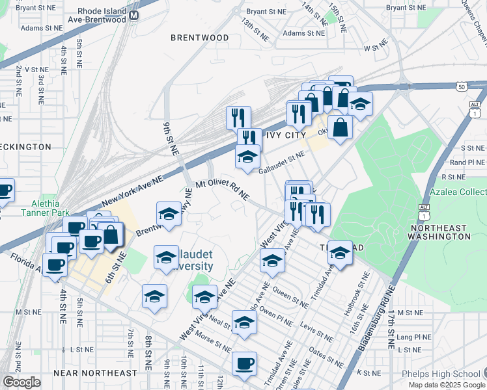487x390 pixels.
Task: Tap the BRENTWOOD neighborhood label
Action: click(200, 38)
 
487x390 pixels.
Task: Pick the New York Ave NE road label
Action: click(132, 192)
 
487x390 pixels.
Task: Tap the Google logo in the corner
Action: click(21, 382)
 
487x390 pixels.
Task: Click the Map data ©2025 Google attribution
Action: click(447, 385)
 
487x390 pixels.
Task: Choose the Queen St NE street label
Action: click(291, 297)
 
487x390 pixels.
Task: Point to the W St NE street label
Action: click(376, 48)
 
